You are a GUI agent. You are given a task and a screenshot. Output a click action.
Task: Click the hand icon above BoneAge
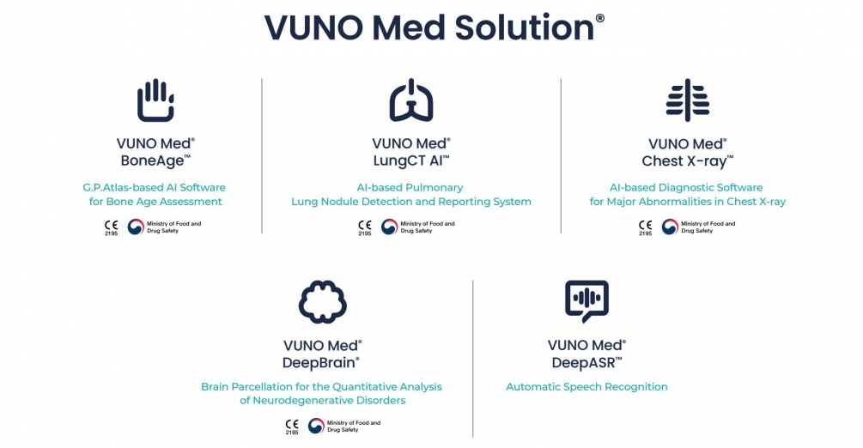(x=155, y=100)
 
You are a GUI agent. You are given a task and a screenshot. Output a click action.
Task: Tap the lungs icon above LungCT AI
(x=410, y=100)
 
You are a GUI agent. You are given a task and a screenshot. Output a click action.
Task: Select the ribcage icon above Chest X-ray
(x=687, y=100)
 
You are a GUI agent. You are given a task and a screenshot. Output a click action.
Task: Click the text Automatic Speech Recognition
(x=586, y=387)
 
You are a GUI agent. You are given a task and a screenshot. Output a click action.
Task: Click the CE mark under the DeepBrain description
(x=291, y=425)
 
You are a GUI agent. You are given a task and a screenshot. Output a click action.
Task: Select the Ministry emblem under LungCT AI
(x=389, y=227)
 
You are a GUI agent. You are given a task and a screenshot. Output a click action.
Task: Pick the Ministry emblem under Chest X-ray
(x=670, y=227)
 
